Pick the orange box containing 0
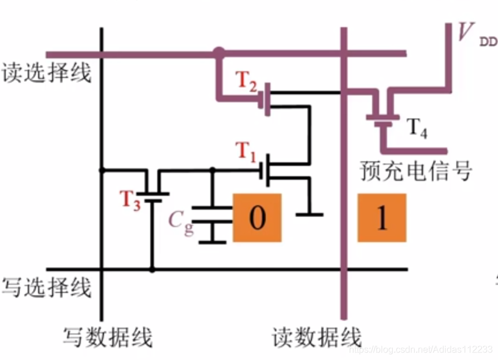click(x=257, y=217)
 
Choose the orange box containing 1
click(x=381, y=217)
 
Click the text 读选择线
click(x=47, y=73)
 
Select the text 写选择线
click(x=47, y=287)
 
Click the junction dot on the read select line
click(x=218, y=54)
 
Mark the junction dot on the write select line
click(x=153, y=269)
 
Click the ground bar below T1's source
click(x=309, y=215)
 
